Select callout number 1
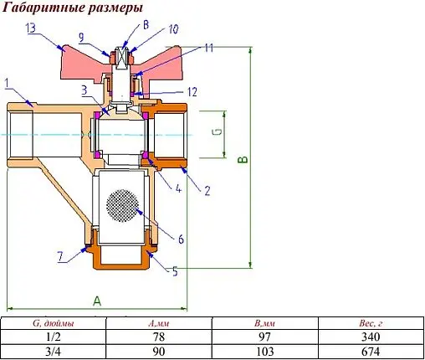[x=7, y=82]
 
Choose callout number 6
[x=180, y=238]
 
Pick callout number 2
[x=206, y=189]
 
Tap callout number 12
[x=192, y=90]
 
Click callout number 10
[x=174, y=28]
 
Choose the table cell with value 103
[x=264, y=351]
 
